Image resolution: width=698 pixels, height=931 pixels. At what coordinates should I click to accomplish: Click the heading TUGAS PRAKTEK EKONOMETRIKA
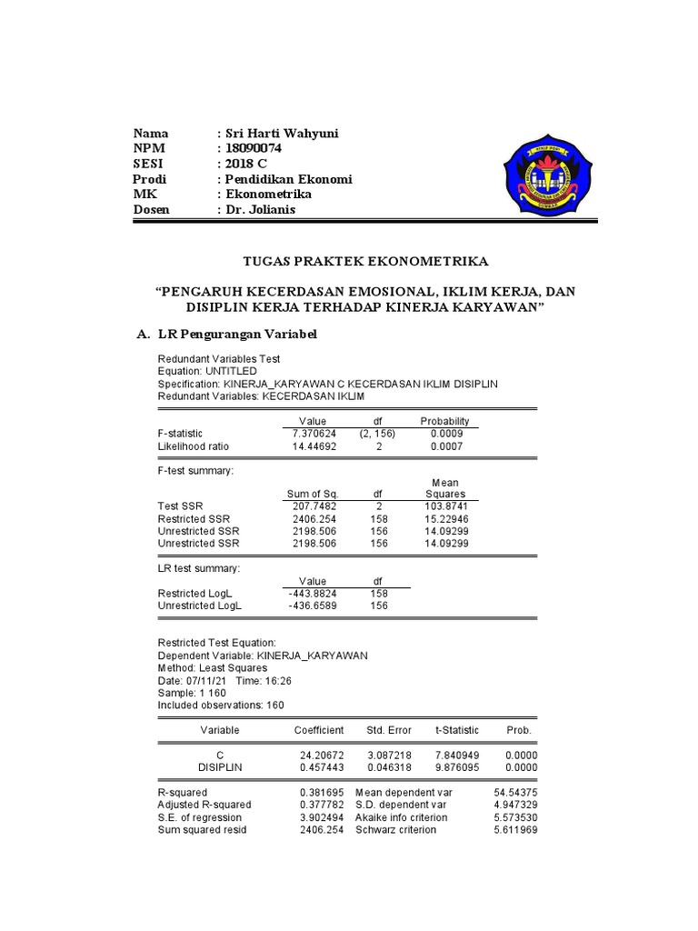pyautogui.click(x=366, y=261)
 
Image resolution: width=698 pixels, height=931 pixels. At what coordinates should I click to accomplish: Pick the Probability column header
pyautogui.click(x=444, y=421)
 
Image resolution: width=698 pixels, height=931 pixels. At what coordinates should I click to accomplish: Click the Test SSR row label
pyautogui.click(x=181, y=506)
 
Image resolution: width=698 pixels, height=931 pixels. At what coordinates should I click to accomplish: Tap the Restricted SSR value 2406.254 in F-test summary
pyautogui.click(x=312, y=518)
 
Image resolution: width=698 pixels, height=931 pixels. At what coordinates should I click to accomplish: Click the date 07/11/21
pyautogui.click(x=205, y=680)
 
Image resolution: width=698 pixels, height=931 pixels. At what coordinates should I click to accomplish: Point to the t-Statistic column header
pyautogui.click(x=457, y=730)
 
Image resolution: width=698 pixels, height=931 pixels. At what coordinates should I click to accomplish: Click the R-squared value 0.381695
pyautogui.click(x=322, y=793)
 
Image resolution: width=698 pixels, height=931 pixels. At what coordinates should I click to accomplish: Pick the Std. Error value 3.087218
pyautogui.click(x=389, y=756)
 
